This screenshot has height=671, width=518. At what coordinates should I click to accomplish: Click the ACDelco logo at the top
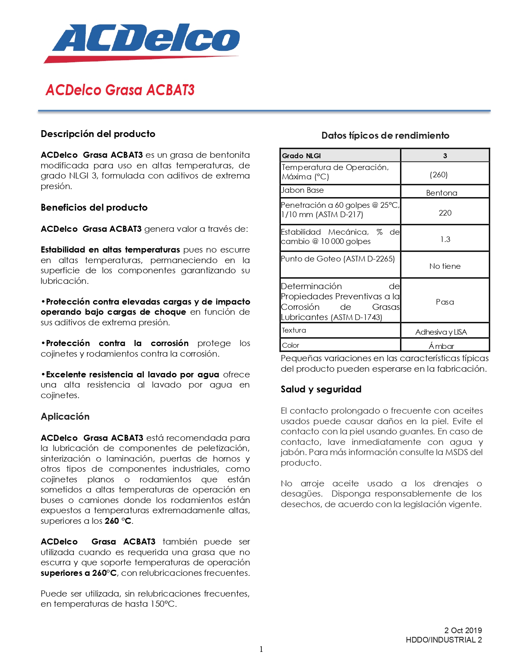coord(142,42)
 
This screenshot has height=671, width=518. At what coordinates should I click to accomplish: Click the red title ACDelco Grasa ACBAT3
coord(120,90)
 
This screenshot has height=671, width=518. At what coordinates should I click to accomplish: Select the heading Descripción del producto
coord(98,134)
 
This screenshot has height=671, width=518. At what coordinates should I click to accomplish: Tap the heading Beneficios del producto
coord(94,207)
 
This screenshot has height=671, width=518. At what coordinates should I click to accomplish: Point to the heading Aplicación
coord(65,416)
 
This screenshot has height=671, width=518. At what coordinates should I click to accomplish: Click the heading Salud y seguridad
coord(321,389)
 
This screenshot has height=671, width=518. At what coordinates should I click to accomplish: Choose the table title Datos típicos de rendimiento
coord(385,135)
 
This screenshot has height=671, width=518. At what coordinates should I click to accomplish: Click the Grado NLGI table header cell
coord(301,156)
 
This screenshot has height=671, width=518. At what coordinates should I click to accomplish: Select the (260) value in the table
coord(439,174)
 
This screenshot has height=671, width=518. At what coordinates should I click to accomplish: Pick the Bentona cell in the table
coord(442,193)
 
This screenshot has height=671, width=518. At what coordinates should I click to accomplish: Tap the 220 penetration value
coord(445,213)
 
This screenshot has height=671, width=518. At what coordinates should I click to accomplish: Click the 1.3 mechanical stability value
coord(445,239)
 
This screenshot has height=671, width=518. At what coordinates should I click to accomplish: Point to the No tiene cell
coord(445,266)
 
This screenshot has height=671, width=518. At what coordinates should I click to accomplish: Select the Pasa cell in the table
coord(445,302)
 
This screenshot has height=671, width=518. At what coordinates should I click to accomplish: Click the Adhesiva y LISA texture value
coord(441,332)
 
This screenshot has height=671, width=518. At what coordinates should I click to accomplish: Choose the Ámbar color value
coord(441,346)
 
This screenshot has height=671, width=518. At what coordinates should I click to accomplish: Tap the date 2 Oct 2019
coord(463,630)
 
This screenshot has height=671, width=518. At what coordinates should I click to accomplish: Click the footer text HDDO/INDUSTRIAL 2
coord(444,640)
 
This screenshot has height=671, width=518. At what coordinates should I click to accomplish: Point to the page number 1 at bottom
coord(261,649)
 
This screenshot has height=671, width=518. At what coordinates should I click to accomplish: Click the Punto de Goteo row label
coord(338,259)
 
